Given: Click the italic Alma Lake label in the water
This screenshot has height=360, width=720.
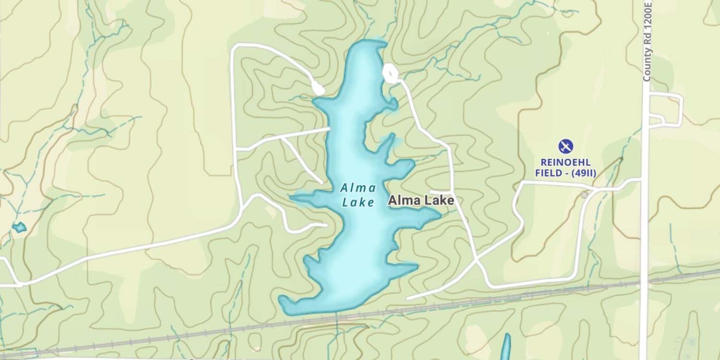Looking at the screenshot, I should tap(358, 195).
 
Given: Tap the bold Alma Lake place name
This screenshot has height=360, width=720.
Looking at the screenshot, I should tap(421, 201).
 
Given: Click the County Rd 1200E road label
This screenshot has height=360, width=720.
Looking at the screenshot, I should tap(648, 40).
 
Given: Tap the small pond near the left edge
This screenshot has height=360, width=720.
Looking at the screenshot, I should tap(19, 227).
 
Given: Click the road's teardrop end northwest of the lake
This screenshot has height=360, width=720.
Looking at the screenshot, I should tap(317, 88).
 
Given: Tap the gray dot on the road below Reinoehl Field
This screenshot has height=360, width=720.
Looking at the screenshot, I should tap(584, 195).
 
